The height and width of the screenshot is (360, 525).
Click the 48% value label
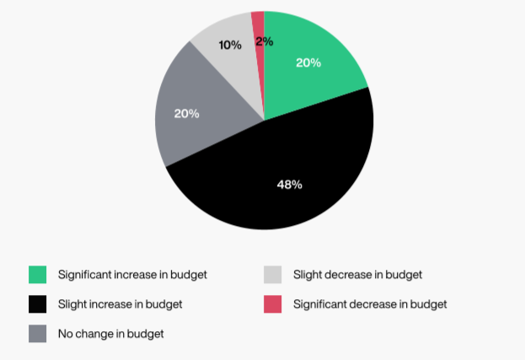click(x=289, y=184)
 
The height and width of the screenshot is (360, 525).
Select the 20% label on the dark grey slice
click(x=186, y=113)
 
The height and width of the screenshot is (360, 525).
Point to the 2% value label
click(x=263, y=40)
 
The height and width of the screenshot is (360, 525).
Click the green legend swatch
click(x=38, y=275)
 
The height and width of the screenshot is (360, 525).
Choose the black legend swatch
click(x=38, y=304)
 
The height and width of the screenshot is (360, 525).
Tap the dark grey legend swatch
click(x=38, y=334)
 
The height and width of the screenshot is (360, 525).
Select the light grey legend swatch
click(x=273, y=275)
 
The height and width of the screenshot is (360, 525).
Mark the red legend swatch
click(x=273, y=304)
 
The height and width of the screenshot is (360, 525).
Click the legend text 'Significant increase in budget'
click(x=132, y=275)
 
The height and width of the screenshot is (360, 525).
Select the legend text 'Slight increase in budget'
click(x=121, y=304)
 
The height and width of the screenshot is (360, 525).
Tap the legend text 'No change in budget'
click(x=110, y=334)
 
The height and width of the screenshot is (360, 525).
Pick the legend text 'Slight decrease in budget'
click(x=357, y=275)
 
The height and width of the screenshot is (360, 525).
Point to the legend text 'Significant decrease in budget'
click(x=370, y=304)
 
